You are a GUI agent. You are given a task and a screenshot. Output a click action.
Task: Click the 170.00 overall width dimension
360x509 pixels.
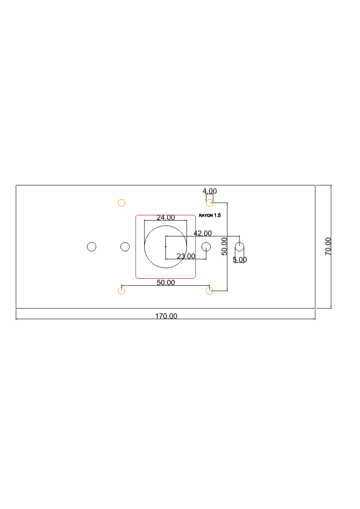coord(166,316)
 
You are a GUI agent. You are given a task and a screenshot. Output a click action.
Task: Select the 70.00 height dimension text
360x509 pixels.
coord(328,246)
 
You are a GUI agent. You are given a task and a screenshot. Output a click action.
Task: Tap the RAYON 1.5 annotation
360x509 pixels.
coord(210,215)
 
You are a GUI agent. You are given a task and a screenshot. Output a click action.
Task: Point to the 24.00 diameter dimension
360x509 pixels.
coord(165,217)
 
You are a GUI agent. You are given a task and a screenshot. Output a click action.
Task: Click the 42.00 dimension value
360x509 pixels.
coord(202,233)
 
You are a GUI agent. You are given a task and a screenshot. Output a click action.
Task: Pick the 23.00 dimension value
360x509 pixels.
coord(186,256)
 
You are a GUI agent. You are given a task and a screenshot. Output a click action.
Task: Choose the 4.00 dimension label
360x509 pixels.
coord(210,191)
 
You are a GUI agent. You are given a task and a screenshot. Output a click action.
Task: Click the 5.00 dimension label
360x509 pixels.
coord(239,260)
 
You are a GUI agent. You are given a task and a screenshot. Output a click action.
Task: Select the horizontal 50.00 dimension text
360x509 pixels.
coord(165,283)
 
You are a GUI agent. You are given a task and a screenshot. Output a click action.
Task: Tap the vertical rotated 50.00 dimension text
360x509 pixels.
coord(224,246)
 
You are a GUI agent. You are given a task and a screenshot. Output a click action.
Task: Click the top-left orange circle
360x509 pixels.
coord(121,203)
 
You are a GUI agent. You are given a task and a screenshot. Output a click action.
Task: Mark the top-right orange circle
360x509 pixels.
coord(210,203)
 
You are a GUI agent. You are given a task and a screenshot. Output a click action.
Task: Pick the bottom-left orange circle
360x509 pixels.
coord(121,291)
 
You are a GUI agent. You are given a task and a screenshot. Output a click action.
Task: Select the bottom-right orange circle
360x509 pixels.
coord(210,291)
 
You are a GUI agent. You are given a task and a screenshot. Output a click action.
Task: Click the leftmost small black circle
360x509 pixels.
coord(91,247)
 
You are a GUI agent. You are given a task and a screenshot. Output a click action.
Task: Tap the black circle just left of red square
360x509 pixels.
coord(125,247)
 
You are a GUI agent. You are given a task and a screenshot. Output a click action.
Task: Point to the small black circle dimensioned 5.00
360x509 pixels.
coord(239,247)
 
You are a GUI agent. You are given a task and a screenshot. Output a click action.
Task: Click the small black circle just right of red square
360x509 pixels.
coord(206,247)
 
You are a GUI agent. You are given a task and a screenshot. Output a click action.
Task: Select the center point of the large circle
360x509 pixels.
coord(165,247)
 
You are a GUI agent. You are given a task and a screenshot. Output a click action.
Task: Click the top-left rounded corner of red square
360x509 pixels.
coord(136,216)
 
